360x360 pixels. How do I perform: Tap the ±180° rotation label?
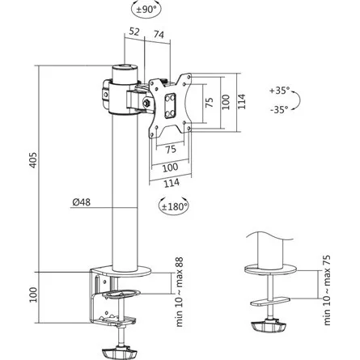tap(173, 205)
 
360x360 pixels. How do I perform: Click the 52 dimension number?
tap(134, 32)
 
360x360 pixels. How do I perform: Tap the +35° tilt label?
tap(278, 92)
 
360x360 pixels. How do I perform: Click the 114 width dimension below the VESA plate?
tap(172, 182)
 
